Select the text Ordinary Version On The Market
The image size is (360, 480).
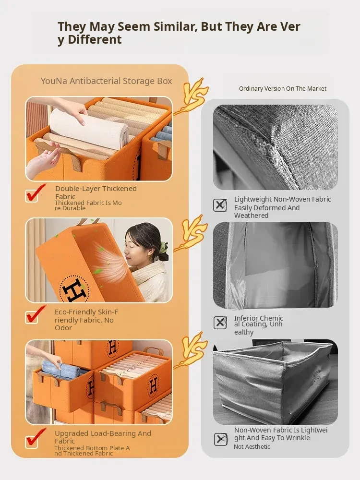(x=283, y=88)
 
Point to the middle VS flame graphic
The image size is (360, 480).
(x=192, y=233)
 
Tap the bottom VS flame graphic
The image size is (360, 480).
(x=192, y=350)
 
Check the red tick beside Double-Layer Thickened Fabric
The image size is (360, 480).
(x=35, y=193)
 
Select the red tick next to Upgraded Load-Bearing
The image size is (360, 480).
(x=36, y=438)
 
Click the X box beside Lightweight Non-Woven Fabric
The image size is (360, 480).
(x=220, y=205)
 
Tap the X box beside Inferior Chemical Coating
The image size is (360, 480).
(x=220, y=323)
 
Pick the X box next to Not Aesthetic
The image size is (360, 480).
(x=220, y=439)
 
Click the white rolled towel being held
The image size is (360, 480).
(x=89, y=129)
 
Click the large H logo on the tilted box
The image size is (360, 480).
(x=74, y=289)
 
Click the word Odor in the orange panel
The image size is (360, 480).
(x=63, y=328)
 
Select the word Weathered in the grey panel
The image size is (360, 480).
(x=252, y=216)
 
